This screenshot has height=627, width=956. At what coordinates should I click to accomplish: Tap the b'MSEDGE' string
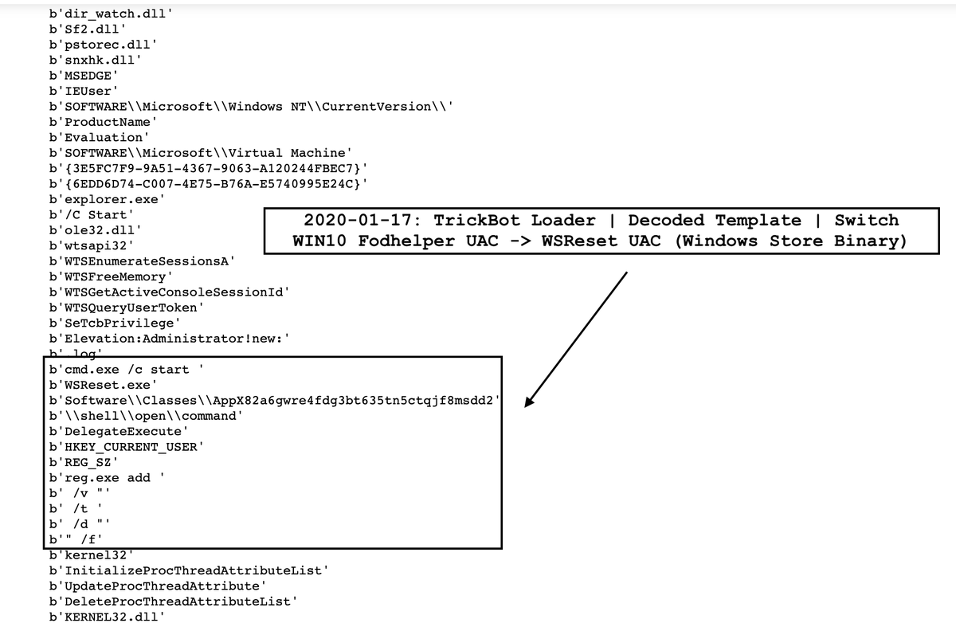point(84,76)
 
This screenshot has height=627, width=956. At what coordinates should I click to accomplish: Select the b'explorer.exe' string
point(107,199)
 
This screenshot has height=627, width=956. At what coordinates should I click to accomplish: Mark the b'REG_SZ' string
point(84,462)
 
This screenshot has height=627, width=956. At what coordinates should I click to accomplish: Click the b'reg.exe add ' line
point(107,478)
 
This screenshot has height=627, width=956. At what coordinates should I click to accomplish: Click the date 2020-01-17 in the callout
point(362,220)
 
